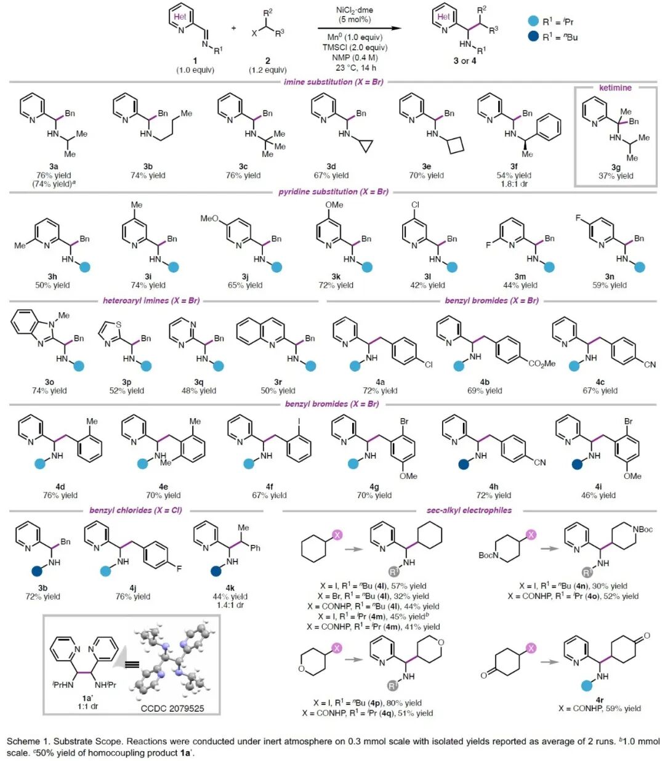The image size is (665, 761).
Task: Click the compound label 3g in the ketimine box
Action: coord(615,166)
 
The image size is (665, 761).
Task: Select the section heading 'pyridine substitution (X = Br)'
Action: coord(333,191)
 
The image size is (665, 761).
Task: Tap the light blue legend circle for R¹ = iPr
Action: coord(533,22)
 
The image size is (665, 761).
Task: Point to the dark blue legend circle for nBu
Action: coord(533,37)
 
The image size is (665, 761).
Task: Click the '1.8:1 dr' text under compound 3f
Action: coord(514,183)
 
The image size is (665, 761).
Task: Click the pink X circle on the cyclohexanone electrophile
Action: coord(531,648)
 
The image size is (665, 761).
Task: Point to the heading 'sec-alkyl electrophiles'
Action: coord(469,510)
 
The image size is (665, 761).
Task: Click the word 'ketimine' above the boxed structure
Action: coord(615,87)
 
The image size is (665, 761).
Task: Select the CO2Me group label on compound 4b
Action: coord(541,364)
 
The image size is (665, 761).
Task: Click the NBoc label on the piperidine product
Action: coord(642,529)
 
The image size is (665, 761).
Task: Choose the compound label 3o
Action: coord(49,382)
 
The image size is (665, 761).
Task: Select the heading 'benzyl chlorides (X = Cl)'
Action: coord(135,510)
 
